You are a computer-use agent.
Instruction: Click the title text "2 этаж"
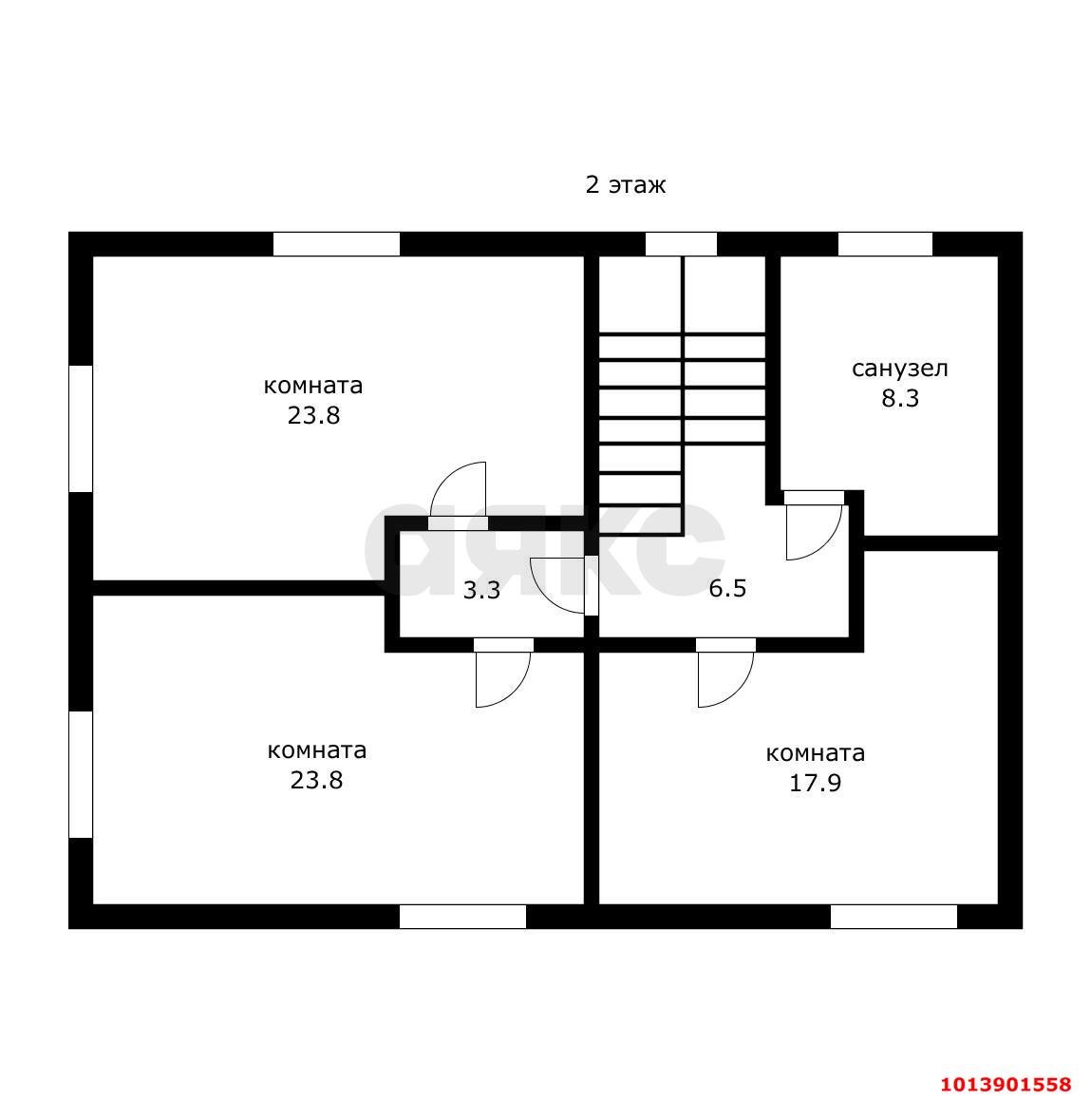click(625, 184)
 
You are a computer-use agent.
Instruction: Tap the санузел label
click(899, 369)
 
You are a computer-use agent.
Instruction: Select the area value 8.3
click(899, 398)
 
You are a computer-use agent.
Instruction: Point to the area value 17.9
click(816, 784)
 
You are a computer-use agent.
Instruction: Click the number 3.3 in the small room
click(480, 590)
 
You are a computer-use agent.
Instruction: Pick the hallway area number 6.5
click(727, 588)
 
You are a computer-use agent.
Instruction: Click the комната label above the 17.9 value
click(816, 753)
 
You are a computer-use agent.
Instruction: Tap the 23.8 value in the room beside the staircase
click(313, 415)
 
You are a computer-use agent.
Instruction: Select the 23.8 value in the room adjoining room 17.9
click(316, 780)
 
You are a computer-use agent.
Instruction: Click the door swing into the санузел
click(813, 530)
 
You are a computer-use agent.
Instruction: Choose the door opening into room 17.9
click(724, 676)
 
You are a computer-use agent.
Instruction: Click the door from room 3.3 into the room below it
click(502, 676)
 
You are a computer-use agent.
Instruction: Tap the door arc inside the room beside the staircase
click(459, 492)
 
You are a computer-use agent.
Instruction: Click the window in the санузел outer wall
click(885, 244)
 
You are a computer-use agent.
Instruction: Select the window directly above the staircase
click(681, 244)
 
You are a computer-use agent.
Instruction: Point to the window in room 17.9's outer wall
click(893, 917)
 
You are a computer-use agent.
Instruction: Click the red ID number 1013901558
click(1006, 1084)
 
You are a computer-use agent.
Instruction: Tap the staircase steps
click(682, 418)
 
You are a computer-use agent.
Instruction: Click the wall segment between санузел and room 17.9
click(931, 543)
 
